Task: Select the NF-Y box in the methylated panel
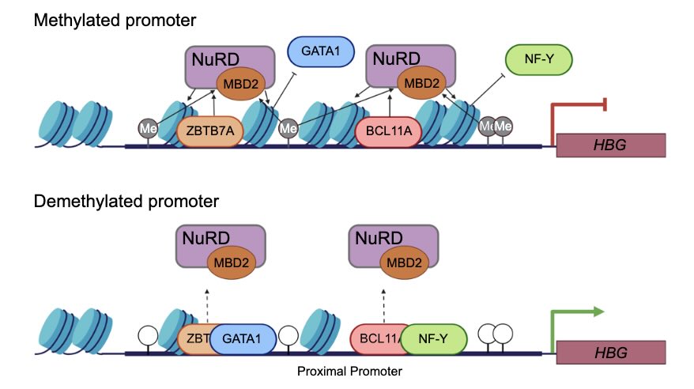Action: [x=537, y=59]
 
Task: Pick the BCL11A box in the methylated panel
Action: [x=389, y=131]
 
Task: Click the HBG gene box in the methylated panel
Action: [x=611, y=145]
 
